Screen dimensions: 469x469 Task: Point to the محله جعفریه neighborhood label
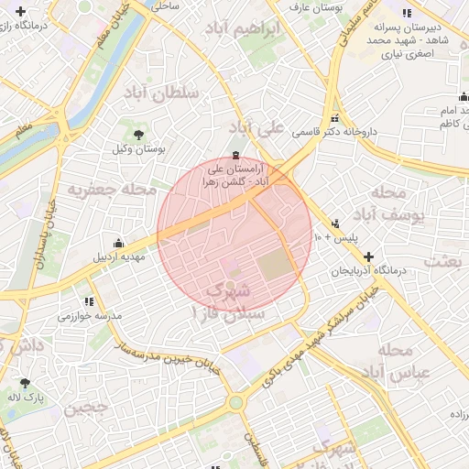[101, 189]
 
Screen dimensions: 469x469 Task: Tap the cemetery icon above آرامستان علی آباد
[236, 153]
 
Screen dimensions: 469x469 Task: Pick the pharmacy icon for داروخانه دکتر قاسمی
[335, 118]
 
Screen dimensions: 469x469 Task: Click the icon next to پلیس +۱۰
[335, 222]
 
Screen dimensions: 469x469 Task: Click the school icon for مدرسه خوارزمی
[88, 300]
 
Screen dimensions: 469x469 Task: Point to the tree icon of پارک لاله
[24, 383]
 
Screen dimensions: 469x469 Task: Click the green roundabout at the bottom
[236, 401]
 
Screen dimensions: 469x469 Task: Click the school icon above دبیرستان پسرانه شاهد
[407, 12]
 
